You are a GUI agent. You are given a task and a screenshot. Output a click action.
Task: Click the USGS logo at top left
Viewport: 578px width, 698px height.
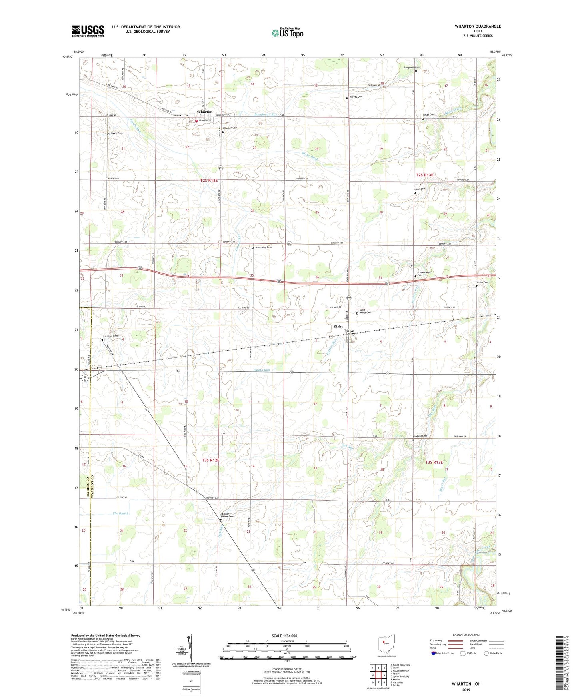(88, 30)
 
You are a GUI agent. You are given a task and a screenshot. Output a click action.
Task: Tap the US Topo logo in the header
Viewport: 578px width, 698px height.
(287, 33)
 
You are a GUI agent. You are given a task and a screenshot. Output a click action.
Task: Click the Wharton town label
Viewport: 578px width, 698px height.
(204, 112)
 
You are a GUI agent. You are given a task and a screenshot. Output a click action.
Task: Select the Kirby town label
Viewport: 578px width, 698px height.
(338, 327)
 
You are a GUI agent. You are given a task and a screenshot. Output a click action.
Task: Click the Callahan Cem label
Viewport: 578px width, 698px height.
(111, 336)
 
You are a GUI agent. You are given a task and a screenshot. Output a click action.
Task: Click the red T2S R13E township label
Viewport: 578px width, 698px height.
(424, 175)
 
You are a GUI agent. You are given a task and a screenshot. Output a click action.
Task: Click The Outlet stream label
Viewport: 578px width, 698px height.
(120, 513)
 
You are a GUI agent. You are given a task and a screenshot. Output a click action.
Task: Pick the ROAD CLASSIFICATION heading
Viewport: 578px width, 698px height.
(466, 635)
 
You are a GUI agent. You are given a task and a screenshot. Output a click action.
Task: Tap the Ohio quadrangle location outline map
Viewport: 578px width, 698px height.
(386, 645)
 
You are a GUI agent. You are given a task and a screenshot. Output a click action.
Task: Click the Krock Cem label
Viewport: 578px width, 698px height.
(483, 283)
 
